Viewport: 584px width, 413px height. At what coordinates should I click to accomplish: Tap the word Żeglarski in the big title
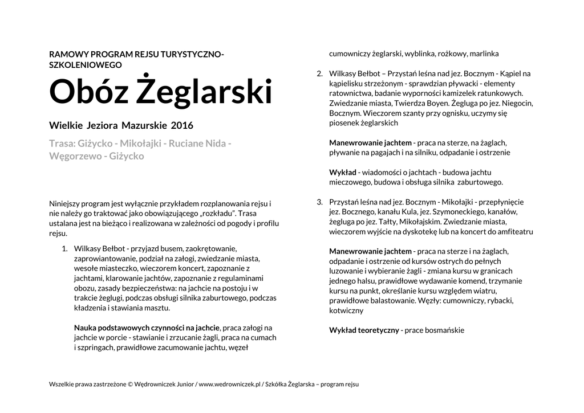pos(205,92)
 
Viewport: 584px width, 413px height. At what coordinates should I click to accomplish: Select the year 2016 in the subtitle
pos(182,125)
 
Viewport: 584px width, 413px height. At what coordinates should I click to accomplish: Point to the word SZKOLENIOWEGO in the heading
pos(86,65)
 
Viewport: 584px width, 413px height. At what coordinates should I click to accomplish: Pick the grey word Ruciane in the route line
pos(185,143)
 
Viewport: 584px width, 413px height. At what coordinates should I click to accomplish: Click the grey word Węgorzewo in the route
pos(74,156)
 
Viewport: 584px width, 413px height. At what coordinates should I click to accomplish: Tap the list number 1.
pos(64,248)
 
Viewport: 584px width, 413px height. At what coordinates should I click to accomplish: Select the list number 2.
pos(319,73)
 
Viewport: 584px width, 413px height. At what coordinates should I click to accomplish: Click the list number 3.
pos(319,202)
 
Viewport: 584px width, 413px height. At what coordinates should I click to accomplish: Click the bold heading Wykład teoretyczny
pos(364,330)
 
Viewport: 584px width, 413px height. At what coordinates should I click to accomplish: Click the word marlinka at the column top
pos(484,54)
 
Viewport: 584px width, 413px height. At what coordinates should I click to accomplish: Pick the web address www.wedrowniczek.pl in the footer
pos(229,384)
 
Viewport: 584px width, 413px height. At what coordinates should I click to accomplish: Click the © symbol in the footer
pos(130,384)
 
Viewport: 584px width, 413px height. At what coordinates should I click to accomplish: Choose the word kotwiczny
pos(346,310)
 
